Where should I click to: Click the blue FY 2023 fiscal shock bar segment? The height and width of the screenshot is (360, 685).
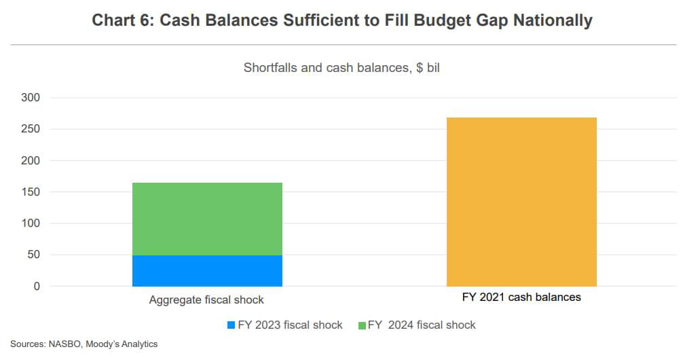[x=207, y=270]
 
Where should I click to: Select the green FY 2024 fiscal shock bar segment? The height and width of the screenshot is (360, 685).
[x=207, y=219]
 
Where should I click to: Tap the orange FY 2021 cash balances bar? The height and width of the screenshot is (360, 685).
[x=521, y=202]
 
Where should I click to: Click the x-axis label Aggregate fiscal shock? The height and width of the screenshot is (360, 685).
[x=206, y=300]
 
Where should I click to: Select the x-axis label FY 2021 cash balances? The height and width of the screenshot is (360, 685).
[x=521, y=298]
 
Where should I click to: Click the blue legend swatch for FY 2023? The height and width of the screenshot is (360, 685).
[x=231, y=325]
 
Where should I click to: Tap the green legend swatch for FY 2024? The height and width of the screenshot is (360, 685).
[x=362, y=325]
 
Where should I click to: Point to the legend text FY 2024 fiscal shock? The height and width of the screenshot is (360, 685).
[x=422, y=325]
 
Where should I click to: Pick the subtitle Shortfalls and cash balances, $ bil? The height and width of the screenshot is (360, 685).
[x=341, y=69]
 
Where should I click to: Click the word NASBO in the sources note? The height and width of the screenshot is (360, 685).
[x=64, y=344]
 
